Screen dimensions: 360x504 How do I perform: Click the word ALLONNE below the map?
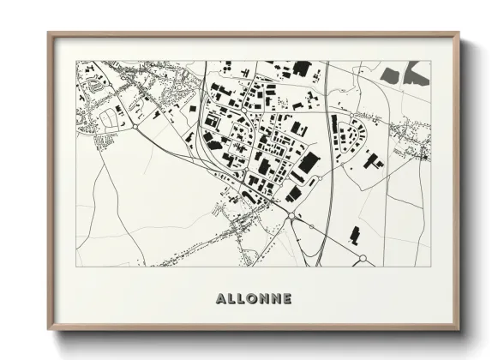click(x=254, y=298)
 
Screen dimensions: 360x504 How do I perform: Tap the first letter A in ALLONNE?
click(x=222, y=298)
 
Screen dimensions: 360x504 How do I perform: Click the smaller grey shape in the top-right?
click(x=388, y=75)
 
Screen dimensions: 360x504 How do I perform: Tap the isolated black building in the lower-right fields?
click(x=355, y=234)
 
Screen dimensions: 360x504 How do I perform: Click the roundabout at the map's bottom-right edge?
click(x=363, y=258)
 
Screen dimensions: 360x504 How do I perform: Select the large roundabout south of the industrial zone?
click(x=291, y=217)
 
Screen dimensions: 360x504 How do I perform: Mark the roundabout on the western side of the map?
click(x=135, y=126)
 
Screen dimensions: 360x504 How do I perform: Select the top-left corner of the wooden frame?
click(x=49, y=34)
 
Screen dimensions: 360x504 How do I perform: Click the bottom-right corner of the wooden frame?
click(x=459, y=329)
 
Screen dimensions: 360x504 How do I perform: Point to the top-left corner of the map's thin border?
click(x=76, y=61)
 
